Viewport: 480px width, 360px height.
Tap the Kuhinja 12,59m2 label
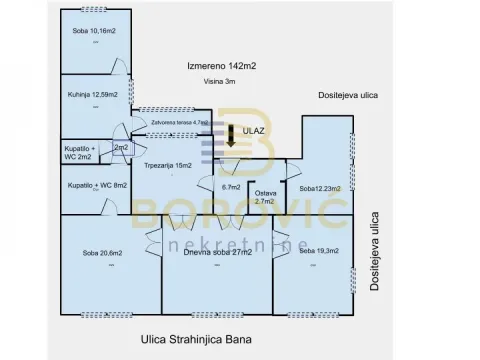96,95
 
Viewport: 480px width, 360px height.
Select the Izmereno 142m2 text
222,66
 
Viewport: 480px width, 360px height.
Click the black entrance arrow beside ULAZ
231,136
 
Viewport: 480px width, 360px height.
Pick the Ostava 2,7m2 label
265,197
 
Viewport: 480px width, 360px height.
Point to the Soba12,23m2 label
320,187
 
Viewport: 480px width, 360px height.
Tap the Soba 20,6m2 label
101,252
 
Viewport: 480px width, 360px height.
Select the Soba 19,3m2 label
319,251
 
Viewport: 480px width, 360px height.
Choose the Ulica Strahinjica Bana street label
195,339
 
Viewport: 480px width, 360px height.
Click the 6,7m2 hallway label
230,187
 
